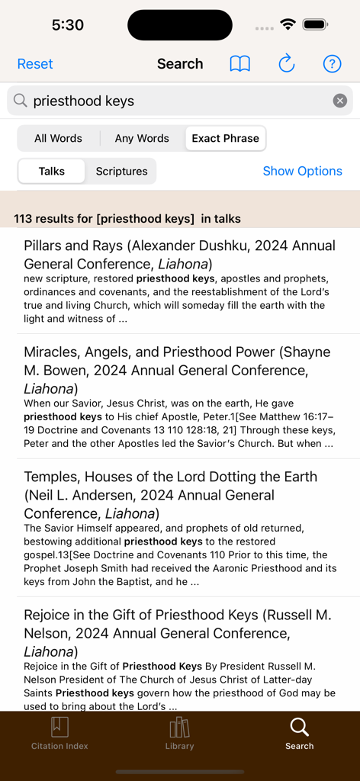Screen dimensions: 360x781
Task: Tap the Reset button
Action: click(x=35, y=64)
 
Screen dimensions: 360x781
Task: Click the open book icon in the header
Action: click(x=240, y=64)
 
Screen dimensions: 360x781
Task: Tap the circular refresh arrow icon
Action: click(x=286, y=64)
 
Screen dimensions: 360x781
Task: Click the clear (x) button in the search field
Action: click(x=340, y=101)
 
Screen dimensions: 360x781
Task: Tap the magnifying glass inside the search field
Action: click(x=21, y=101)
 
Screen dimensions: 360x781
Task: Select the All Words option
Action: click(x=58, y=138)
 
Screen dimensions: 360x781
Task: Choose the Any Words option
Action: click(x=142, y=138)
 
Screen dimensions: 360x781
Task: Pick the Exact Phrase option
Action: click(x=225, y=138)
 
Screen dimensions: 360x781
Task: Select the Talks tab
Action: click(x=52, y=171)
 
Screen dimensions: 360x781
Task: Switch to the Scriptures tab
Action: click(x=121, y=171)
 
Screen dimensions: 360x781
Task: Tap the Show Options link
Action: click(x=302, y=171)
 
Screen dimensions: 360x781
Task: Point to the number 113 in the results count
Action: click(x=23, y=219)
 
